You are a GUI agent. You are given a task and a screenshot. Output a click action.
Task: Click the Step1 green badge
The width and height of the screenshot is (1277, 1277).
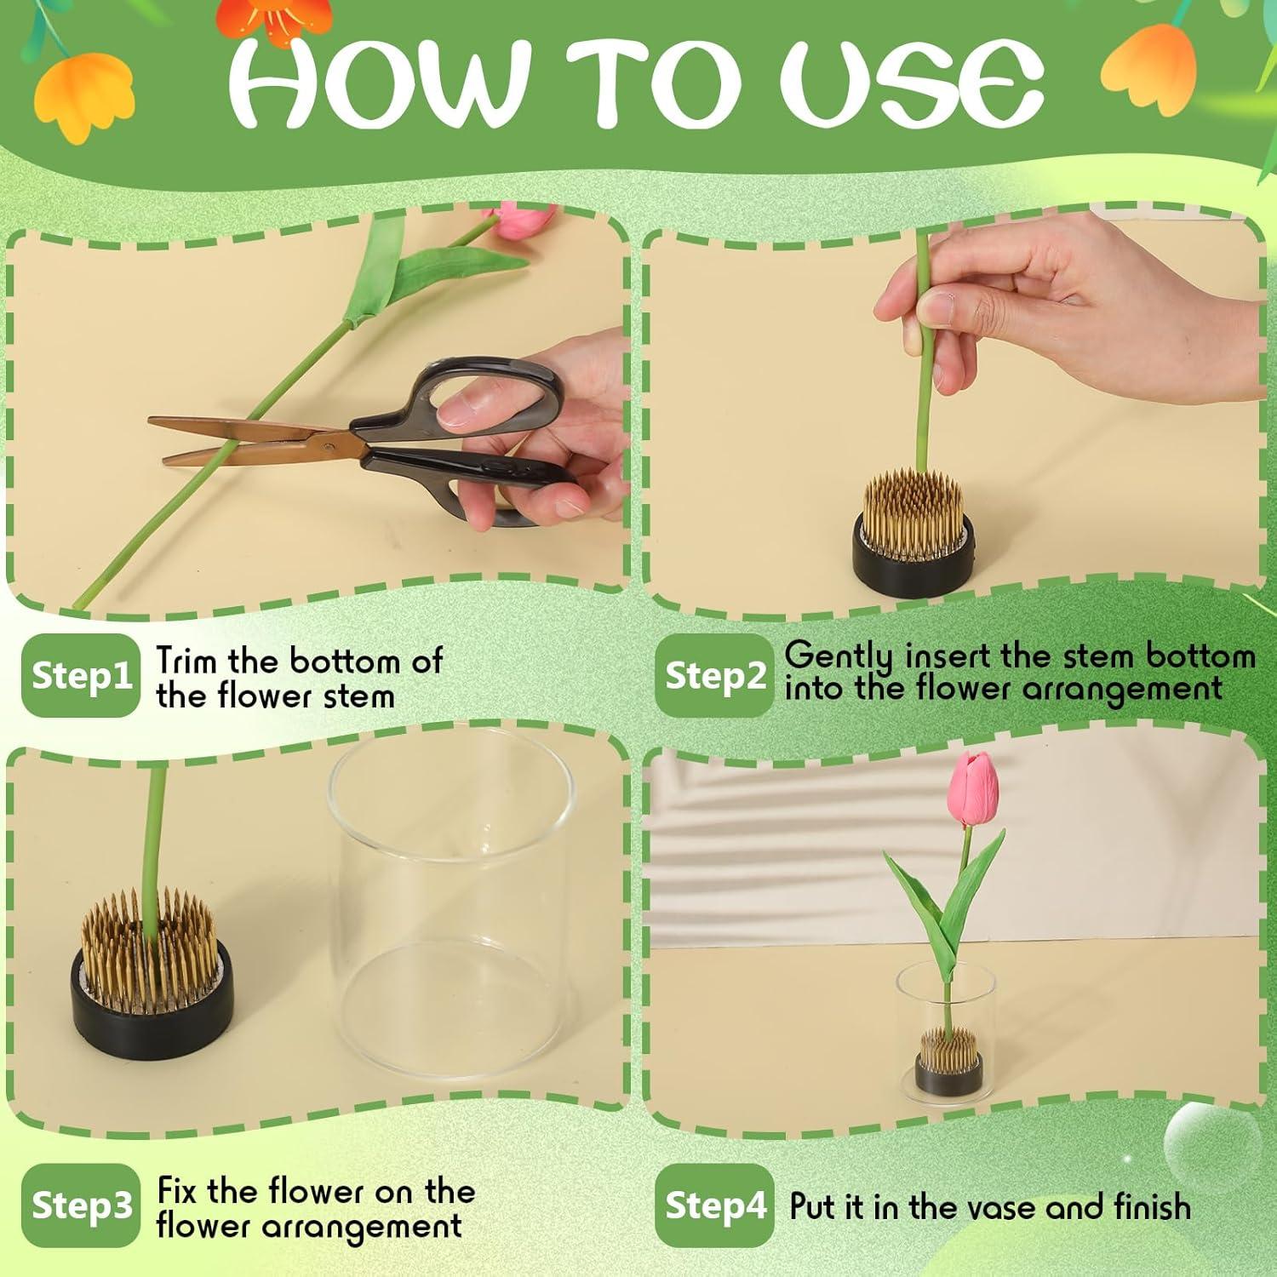[x=80, y=675]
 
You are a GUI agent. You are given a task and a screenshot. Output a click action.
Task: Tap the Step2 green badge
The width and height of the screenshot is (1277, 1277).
[x=714, y=675]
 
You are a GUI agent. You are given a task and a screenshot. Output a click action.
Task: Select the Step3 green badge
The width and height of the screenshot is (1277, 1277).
[x=80, y=1205]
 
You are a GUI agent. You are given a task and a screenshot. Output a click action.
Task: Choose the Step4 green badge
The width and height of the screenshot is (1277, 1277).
[x=714, y=1205]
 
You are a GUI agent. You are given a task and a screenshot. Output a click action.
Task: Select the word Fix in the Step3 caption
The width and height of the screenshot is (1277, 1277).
[x=178, y=1191]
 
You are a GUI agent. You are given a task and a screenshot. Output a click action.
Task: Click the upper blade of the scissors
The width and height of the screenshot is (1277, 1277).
[x=247, y=428]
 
